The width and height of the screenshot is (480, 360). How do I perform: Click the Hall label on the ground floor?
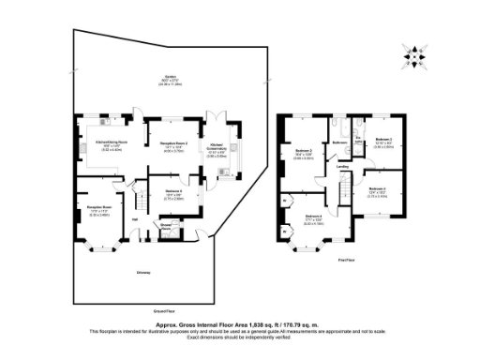(135, 221)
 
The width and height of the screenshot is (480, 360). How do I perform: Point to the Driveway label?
(142, 273)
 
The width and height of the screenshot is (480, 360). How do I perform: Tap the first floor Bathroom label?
(339, 142)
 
